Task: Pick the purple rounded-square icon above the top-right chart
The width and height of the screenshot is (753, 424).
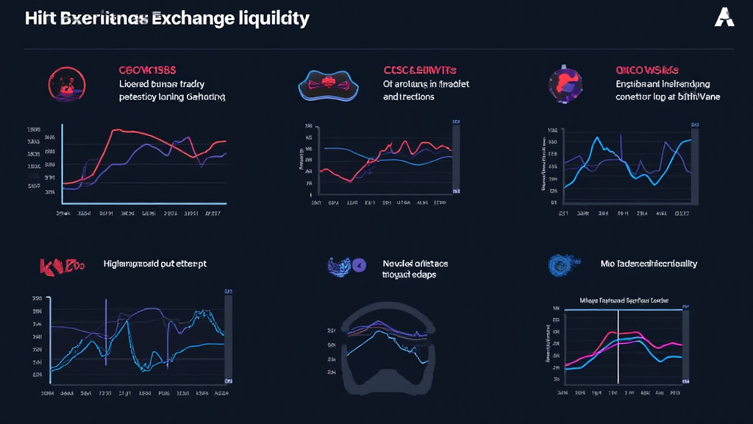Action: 563,82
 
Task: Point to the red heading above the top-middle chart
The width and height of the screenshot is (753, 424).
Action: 421,71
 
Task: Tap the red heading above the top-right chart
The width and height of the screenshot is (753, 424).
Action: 647,71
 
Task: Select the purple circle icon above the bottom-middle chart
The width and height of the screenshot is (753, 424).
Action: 359,265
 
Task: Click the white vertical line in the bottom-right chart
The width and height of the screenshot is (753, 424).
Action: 618,346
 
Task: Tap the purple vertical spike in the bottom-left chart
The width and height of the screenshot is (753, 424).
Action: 106,324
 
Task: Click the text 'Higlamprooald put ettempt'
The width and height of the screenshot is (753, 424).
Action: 154,264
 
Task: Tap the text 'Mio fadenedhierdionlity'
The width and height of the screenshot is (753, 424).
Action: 649,264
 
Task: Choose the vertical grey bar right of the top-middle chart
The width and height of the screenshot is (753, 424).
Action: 457,158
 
